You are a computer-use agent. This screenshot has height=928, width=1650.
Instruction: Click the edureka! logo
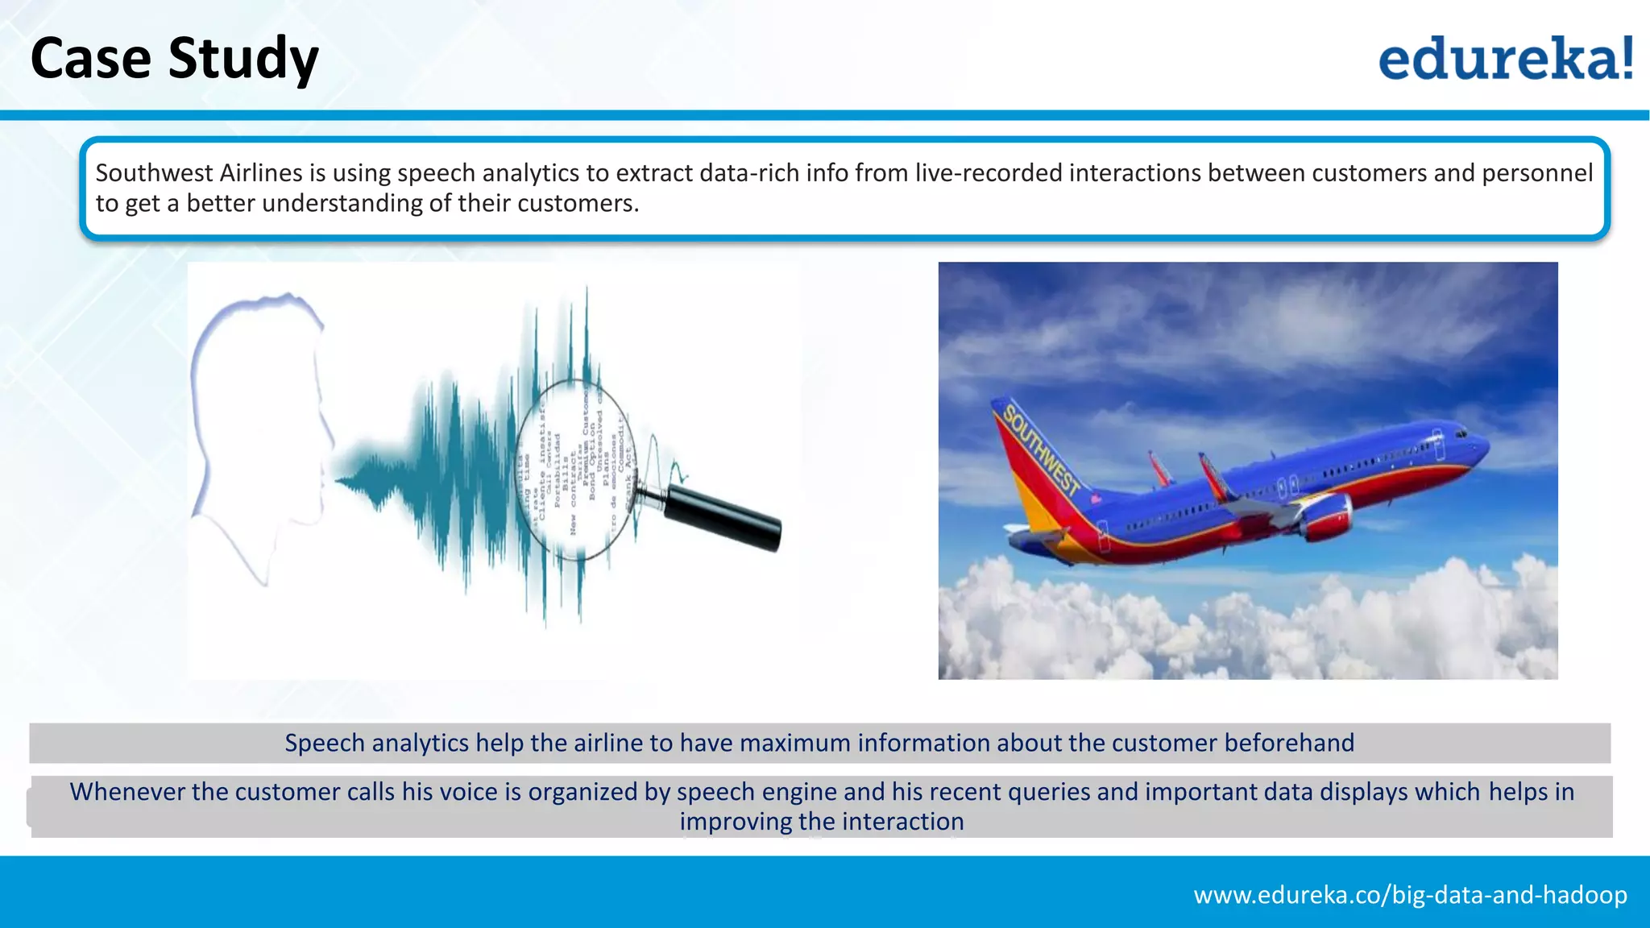click(x=1505, y=58)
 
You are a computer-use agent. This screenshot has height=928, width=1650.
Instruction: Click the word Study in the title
click(x=243, y=60)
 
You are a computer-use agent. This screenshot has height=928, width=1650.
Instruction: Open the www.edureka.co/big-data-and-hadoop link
click(x=1410, y=895)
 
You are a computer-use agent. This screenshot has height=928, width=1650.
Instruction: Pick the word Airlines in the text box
click(x=260, y=173)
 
